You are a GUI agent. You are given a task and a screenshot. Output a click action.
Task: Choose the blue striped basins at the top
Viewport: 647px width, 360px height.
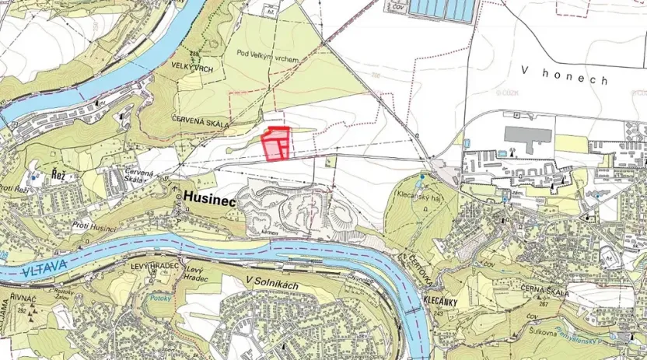(441, 10)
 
